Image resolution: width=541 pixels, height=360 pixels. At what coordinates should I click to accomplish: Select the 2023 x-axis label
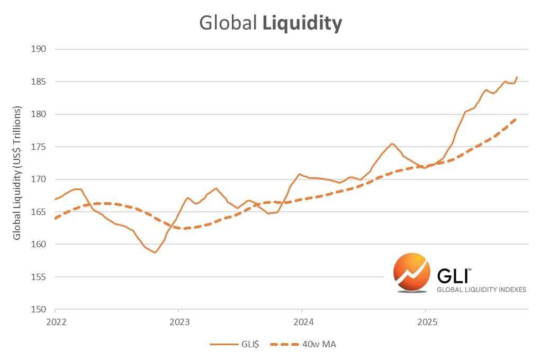click(x=178, y=322)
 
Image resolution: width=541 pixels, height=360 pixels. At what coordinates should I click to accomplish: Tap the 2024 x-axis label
click(x=302, y=322)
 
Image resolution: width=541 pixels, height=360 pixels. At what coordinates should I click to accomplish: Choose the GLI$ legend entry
click(x=235, y=345)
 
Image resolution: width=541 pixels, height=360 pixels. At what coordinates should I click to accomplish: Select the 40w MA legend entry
click(x=303, y=345)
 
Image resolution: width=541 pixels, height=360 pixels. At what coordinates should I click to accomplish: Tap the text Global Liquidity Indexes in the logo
click(x=481, y=290)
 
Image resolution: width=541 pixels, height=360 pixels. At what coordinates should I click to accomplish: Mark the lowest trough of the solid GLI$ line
click(x=155, y=253)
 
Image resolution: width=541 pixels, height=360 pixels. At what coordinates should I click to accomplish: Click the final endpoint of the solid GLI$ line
click(x=517, y=77)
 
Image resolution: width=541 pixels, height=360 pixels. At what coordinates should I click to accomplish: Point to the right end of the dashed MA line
click(x=516, y=119)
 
